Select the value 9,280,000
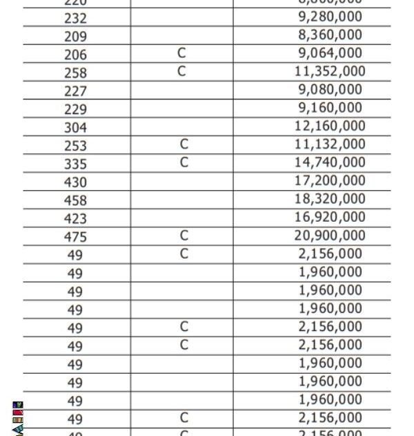[330, 17]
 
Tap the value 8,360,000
[330, 35]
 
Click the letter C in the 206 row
[181, 53]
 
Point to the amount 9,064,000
[330, 53]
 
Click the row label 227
[75, 91]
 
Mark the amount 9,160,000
[330, 108]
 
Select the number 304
[75, 128]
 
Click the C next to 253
[184, 144]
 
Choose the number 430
[75, 182]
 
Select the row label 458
[75, 200]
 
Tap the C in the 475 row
[184, 236]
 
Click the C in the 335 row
[184, 162]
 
